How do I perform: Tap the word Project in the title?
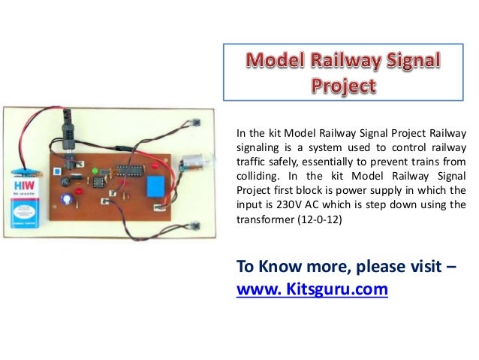342,86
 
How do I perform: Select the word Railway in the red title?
350,60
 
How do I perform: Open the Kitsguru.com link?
312,288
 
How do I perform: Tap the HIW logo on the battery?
25,185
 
